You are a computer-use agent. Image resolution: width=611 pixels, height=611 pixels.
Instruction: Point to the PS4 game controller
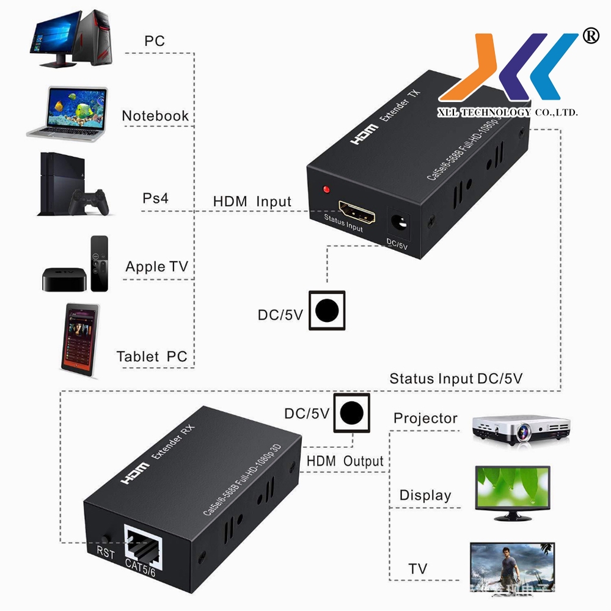tap(89, 201)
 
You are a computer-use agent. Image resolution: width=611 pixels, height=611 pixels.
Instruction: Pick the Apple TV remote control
tap(99, 263)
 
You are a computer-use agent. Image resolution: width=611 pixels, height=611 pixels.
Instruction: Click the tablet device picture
tap(79, 340)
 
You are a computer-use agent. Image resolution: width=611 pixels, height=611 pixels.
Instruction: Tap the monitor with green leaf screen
tap(513, 492)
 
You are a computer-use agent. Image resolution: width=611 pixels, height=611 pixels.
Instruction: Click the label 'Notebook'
tap(155, 116)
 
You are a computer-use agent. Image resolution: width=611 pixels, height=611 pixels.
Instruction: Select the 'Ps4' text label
tap(155, 199)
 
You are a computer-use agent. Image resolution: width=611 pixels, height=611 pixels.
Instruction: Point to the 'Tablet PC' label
tap(152, 357)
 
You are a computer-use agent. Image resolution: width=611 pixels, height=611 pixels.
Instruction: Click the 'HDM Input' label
tap(252, 202)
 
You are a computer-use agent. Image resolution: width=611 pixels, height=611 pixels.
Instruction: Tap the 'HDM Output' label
tap(345, 461)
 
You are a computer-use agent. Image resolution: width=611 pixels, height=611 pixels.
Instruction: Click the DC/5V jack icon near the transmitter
tap(327, 310)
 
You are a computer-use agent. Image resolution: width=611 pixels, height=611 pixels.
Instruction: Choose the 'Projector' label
tap(425, 419)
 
